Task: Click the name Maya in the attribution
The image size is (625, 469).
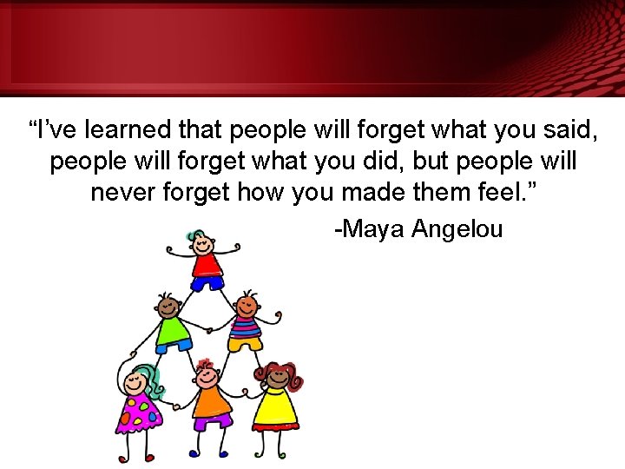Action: click(x=371, y=229)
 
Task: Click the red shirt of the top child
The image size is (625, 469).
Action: click(x=206, y=264)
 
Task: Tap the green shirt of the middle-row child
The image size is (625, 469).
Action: click(x=174, y=329)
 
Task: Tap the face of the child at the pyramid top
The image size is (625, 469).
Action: click(x=204, y=242)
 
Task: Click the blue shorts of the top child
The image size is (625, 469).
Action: click(x=207, y=282)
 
